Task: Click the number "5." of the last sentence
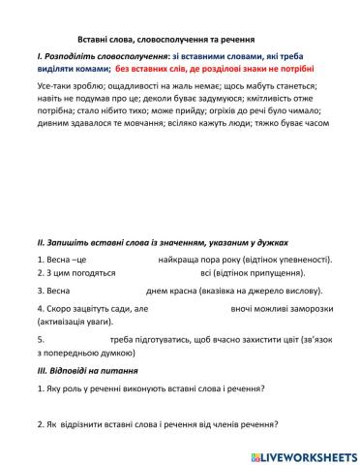pos(40,340)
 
